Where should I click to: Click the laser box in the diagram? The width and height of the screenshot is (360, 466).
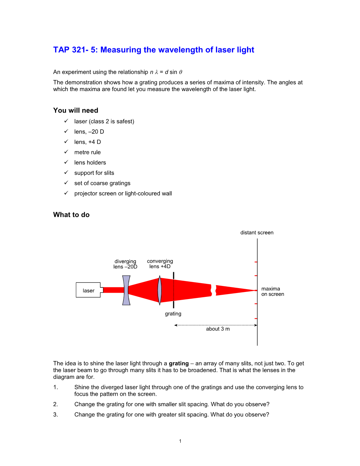(x=88, y=290)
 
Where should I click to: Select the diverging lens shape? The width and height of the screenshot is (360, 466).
(x=126, y=290)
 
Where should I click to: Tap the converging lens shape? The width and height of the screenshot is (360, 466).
(x=160, y=290)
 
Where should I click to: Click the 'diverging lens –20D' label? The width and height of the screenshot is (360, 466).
(x=125, y=264)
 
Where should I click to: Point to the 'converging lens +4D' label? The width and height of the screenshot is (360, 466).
(x=160, y=264)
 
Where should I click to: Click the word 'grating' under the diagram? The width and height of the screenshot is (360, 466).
(x=173, y=313)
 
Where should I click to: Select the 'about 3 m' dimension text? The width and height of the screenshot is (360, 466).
(x=218, y=329)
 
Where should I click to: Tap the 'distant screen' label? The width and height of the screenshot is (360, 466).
(x=257, y=233)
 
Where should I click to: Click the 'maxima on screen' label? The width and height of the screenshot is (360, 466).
(x=272, y=291)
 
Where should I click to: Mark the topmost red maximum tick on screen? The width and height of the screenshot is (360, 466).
(x=256, y=262)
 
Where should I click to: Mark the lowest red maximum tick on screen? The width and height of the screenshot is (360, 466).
(x=256, y=318)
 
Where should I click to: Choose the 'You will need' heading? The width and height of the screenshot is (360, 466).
(x=76, y=110)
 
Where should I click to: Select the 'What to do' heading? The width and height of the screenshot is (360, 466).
(x=71, y=215)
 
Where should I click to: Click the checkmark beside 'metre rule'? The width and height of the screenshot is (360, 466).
(x=66, y=152)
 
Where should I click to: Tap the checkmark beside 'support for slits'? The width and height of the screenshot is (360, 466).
(x=66, y=173)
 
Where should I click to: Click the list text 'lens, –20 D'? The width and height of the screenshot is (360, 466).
(x=89, y=132)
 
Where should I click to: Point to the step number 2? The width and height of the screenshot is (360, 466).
(x=55, y=404)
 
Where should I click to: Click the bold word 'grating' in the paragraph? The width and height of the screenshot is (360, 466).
(x=179, y=363)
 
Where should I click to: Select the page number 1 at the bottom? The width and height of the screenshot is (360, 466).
(x=180, y=441)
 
